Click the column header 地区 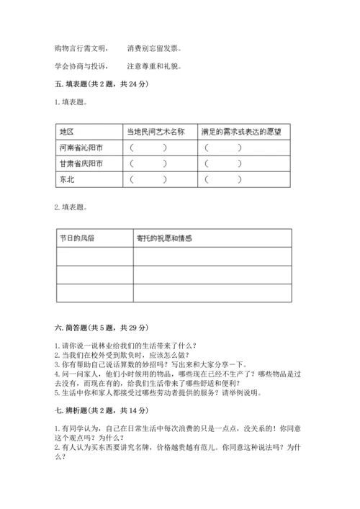pos(67,132)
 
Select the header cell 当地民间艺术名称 pos(156,132)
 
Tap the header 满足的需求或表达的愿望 pos(240,132)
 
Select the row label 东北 pos(66,180)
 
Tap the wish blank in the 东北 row pos(223,180)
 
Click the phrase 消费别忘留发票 pos(154,49)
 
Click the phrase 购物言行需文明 pos(81,49)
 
